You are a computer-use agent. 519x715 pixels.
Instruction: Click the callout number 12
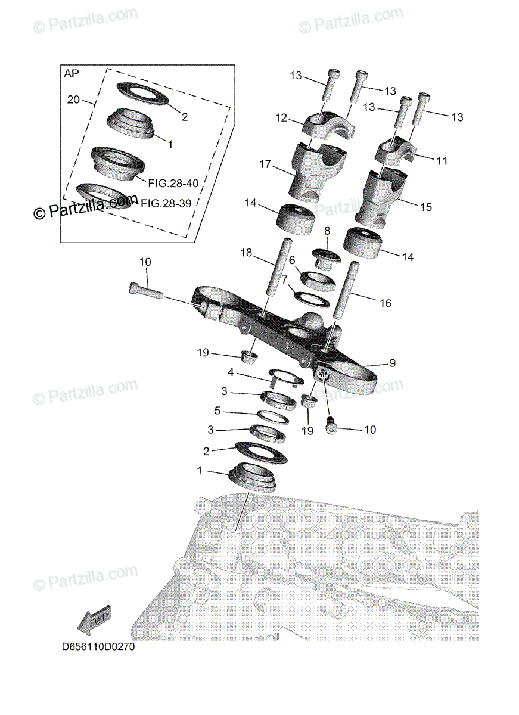pyautogui.click(x=281, y=118)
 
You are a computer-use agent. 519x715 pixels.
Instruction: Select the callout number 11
pyautogui.click(x=442, y=161)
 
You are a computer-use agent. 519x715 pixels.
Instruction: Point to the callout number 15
pyautogui.click(x=426, y=207)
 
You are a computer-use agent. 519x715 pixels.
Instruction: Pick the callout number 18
pyautogui.click(x=247, y=253)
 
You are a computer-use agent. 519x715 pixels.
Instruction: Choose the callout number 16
pyautogui.click(x=386, y=303)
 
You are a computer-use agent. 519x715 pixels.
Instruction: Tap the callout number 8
pyautogui.click(x=327, y=231)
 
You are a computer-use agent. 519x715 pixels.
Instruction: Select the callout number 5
pyautogui.click(x=217, y=411)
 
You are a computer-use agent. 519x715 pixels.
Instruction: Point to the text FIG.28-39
pyautogui.click(x=166, y=203)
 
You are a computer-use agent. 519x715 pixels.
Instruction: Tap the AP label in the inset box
pyautogui.click(x=72, y=73)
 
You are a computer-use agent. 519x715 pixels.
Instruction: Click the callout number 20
pyautogui.click(x=73, y=100)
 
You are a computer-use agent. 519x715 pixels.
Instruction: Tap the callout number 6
pyautogui.click(x=292, y=260)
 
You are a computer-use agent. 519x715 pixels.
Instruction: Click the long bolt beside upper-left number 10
pyautogui.click(x=145, y=290)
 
